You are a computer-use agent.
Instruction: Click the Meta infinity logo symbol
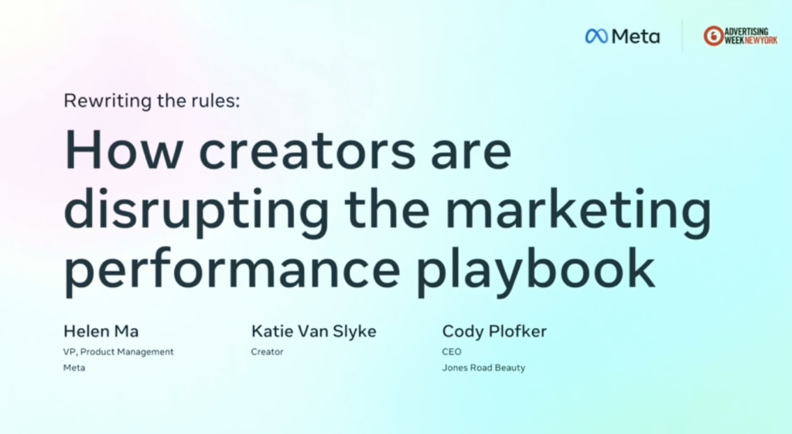(x=596, y=36)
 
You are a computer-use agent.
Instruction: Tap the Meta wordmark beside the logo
(x=636, y=36)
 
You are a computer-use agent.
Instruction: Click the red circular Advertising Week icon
(x=713, y=36)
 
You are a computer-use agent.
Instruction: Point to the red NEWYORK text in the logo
(x=761, y=40)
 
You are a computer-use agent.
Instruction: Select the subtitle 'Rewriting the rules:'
(x=152, y=101)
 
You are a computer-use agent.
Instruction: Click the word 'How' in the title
(x=123, y=151)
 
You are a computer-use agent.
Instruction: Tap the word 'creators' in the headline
(x=307, y=151)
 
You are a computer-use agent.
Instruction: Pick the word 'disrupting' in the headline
(x=196, y=210)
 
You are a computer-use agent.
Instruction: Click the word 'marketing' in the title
(x=579, y=210)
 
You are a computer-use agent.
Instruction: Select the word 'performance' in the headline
(x=232, y=269)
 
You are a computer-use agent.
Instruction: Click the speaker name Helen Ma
(x=101, y=331)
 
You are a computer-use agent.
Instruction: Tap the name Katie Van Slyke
(x=314, y=331)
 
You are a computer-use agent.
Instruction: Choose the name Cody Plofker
(x=494, y=331)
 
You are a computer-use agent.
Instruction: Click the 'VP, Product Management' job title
(x=118, y=352)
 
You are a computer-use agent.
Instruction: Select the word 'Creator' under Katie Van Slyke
(x=267, y=352)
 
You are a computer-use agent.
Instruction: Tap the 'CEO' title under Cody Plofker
(x=452, y=352)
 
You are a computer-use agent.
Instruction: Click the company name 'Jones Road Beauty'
(x=484, y=367)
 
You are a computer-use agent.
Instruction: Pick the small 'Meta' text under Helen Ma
(x=74, y=367)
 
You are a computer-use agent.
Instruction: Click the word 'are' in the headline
(x=471, y=154)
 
